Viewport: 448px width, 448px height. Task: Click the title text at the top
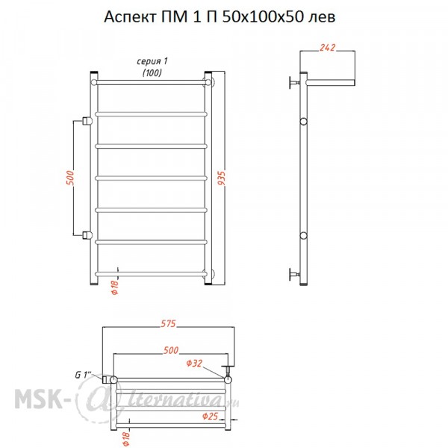coord(220,17)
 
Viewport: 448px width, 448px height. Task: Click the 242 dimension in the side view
coord(328,48)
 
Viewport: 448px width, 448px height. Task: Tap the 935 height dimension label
coord(222,178)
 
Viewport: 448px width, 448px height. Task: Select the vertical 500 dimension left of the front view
coord(70,178)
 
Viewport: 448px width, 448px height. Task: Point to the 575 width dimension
coord(168,324)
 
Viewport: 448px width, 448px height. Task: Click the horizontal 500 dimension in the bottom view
coord(170,350)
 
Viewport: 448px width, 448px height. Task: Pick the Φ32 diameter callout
coord(194,364)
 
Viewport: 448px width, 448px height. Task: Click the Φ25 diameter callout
coord(211,417)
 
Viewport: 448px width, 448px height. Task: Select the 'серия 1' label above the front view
coord(152,61)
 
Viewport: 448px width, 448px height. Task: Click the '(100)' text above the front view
coord(152,73)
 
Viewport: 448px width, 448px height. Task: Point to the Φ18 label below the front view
coord(114,287)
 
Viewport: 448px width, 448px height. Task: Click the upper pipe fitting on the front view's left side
coord(87,121)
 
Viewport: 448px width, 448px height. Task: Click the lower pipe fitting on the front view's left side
coord(87,235)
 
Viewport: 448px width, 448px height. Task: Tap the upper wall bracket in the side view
coord(294,83)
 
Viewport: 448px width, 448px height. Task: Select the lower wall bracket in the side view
coord(294,275)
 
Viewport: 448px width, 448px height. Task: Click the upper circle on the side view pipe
coord(303,122)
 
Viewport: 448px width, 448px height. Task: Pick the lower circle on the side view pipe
coord(303,236)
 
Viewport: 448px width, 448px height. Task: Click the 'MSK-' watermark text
coord(39,398)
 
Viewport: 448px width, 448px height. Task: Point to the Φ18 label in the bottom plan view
coord(126,438)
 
